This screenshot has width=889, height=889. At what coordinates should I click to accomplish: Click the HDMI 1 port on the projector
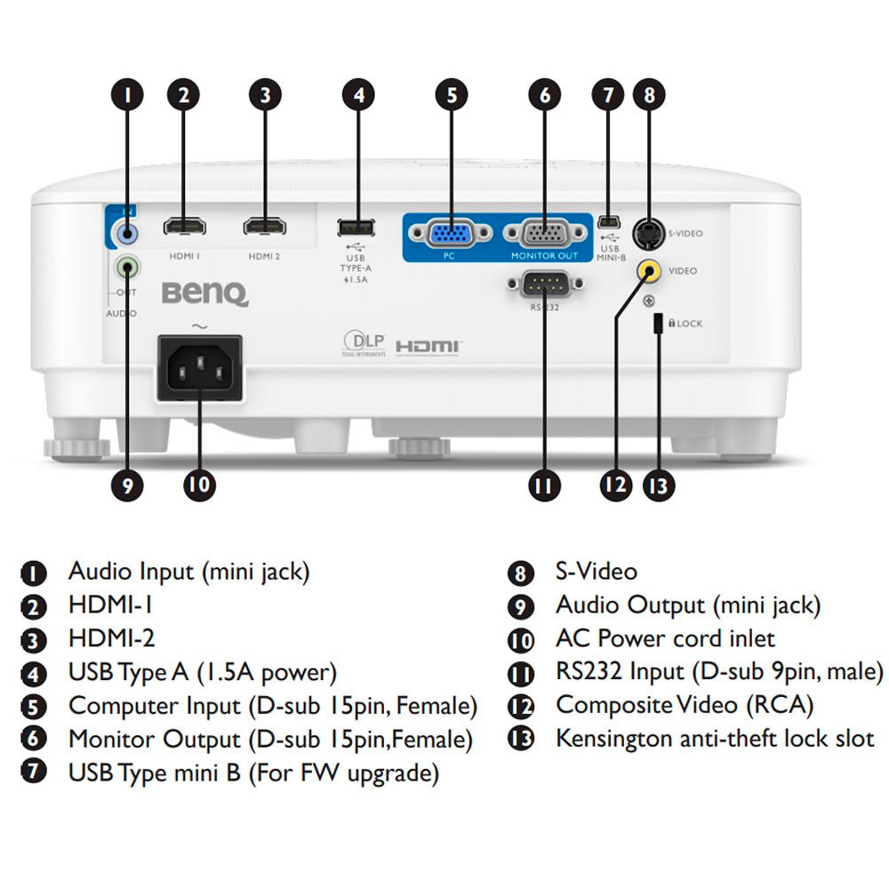tap(184, 227)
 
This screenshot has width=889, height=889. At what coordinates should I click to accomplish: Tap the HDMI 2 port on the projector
tap(265, 227)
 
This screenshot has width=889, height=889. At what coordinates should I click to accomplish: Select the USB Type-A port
tap(356, 227)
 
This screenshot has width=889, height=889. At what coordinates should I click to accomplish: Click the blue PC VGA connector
tap(451, 234)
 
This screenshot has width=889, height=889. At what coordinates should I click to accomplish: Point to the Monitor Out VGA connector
tap(545, 234)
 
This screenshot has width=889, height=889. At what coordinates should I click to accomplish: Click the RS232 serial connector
tap(544, 284)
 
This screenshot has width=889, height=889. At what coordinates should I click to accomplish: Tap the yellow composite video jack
tap(650, 271)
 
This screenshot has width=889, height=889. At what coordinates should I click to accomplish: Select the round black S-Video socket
tap(649, 234)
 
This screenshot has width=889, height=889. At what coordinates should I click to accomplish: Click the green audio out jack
tap(128, 266)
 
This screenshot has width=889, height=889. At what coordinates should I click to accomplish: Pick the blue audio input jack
tap(128, 233)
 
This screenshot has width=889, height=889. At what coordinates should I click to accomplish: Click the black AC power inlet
tap(199, 365)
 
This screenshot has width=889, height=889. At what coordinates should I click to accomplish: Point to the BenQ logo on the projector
tap(204, 292)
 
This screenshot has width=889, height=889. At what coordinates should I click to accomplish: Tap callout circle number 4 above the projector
tap(358, 95)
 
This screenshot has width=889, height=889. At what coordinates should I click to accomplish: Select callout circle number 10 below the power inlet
tap(199, 485)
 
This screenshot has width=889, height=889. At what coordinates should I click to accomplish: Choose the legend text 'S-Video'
tap(596, 572)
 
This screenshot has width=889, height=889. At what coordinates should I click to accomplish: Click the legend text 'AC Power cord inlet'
tap(665, 638)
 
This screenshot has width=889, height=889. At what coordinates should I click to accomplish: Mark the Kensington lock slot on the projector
tap(658, 323)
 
